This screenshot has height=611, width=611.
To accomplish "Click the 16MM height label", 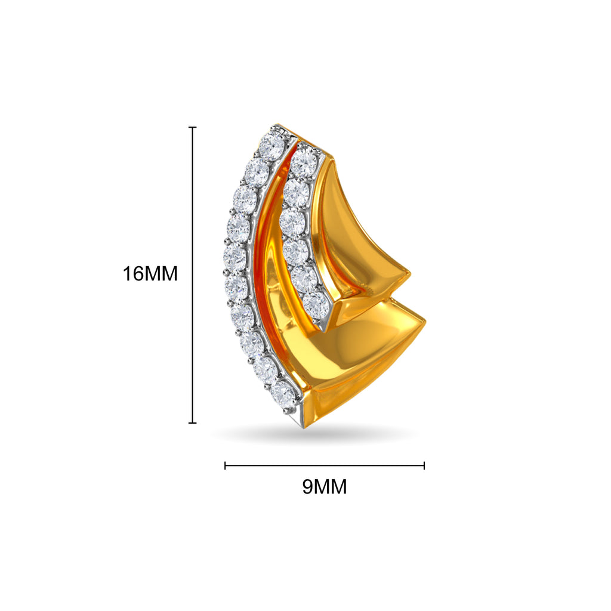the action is [150, 273].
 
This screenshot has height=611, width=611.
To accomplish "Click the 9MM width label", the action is [325, 487].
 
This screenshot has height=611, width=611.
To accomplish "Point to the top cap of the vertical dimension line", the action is [192, 127].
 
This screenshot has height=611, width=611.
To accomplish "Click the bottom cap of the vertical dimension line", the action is [192, 422].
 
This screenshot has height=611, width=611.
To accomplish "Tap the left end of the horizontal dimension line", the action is [225, 465].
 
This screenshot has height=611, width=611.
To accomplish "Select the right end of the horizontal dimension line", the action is [424, 465].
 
